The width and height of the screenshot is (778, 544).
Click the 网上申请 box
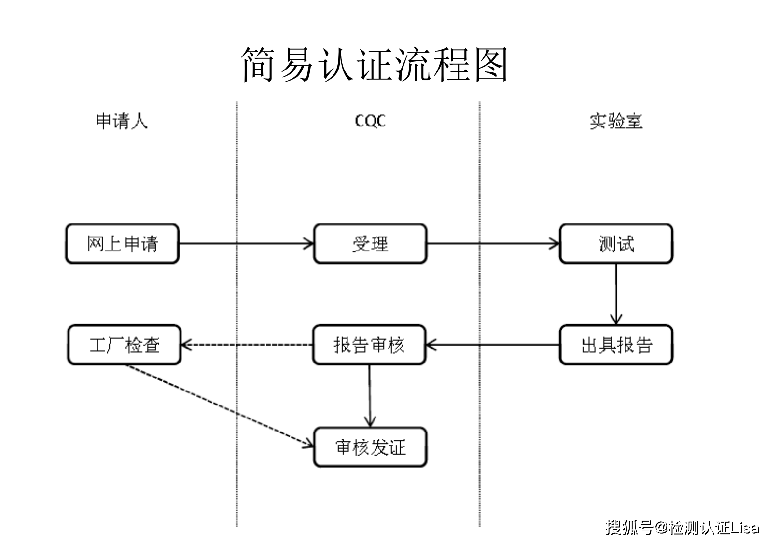point(122,244)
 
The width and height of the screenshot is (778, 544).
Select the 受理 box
point(370,244)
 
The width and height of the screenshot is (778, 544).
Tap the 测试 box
point(616,244)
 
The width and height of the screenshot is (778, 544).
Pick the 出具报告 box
point(616,345)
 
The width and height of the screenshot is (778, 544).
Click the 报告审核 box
point(369,345)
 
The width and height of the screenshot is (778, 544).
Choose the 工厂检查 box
point(124,345)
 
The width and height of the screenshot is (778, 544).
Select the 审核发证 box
point(370,447)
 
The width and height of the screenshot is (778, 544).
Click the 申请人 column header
point(122,121)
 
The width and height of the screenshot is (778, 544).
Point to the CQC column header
point(370,121)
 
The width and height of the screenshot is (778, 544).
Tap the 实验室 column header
point(616,121)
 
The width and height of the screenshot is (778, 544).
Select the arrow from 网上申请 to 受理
point(246,244)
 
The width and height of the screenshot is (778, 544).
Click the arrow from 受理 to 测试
point(492,244)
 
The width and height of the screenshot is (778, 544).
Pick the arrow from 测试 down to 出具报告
point(616,294)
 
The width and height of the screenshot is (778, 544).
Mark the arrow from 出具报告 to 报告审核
point(492,345)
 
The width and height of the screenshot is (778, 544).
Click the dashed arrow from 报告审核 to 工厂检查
point(246,345)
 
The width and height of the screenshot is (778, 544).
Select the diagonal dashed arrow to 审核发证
point(217,405)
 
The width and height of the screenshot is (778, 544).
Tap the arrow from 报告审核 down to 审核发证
point(370,396)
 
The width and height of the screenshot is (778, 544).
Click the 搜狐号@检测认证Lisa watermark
point(682,527)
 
